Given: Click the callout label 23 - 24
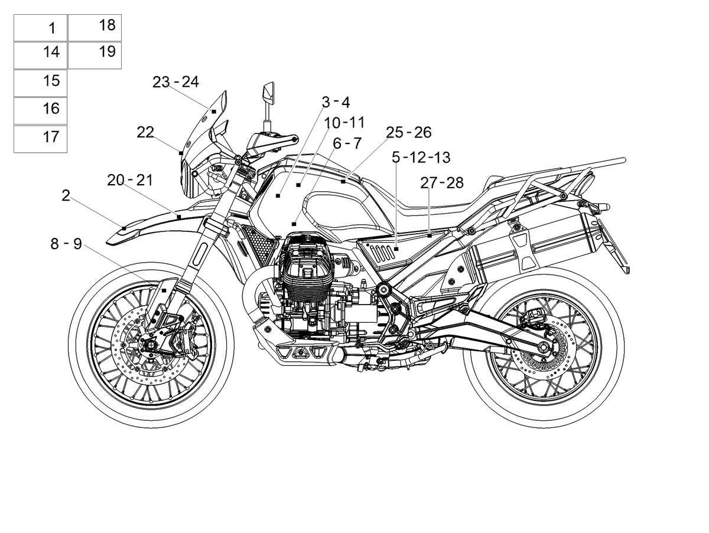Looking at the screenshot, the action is click(x=175, y=82).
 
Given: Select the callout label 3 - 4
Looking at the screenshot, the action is click(x=336, y=102).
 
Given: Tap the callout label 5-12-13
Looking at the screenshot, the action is click(x=421, y=158).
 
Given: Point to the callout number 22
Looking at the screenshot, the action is click(x=145, y=132).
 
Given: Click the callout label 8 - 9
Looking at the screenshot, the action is click(x=66, y=244).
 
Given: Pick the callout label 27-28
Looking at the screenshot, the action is click(x=441, y=183).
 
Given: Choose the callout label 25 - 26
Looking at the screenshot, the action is click(x=409, y=133).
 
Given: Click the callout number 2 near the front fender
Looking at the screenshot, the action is click(x=66, y=195).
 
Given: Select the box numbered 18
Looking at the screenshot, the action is click(x=95, y=28).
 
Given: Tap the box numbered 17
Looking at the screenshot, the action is click(x=40, y=139).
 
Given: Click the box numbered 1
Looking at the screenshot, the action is click(x=40, y=28).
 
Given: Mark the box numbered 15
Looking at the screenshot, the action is click(x=40, y=83).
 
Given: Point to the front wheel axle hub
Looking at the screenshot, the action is click(x=149, y=346).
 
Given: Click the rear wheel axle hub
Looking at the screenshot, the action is click(x=542, y=347).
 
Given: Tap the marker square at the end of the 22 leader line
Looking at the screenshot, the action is click(x=181, y=153).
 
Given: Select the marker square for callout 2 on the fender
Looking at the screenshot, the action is click(x=124, y=228).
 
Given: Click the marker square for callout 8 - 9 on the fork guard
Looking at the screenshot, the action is click(x=164, y=290).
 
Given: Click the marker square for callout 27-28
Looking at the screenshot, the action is click(x=430, y=236).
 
